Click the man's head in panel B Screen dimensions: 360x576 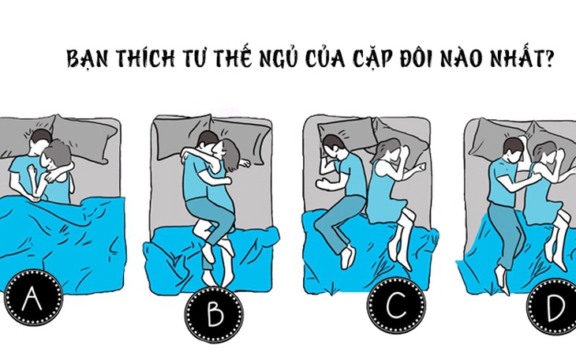[207, 144]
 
